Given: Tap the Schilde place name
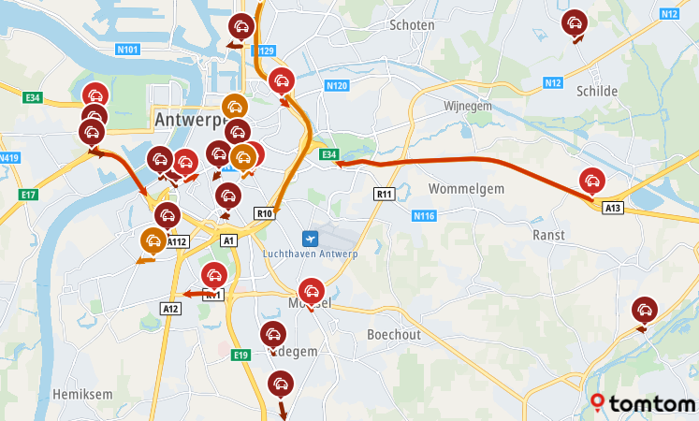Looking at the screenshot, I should (598, 91).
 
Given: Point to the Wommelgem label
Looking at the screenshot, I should (466, 189).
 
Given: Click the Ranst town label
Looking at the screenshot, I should (547, 235).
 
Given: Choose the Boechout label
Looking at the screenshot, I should (394, 334).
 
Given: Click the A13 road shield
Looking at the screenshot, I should (613, 208).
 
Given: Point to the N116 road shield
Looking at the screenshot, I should (423, 216).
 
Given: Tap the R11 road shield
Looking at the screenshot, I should (383, 194).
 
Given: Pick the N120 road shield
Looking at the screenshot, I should (337, 86).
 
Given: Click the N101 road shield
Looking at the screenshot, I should (129, 50).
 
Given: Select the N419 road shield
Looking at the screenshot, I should (9, 158).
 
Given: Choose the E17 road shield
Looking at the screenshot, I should (28, 195).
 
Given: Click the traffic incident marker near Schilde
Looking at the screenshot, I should (574, 23).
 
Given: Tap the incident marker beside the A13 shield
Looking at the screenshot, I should (591, 181).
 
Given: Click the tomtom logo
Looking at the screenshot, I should (644, 403).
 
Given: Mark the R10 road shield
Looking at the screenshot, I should (265, 213).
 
